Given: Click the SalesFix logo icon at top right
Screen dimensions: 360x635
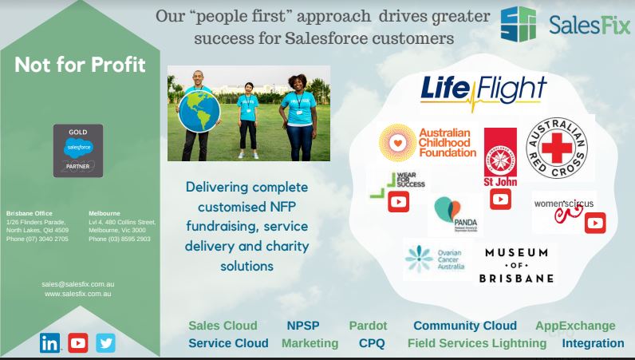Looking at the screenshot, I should (518, 23).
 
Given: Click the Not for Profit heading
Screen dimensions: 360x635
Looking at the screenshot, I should (80, 65).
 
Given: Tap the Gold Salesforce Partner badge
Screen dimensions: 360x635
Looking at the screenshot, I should (78, 151).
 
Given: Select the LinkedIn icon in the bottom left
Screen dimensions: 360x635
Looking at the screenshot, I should (49, 343).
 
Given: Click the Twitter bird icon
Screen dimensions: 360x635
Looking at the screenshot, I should (105, 343).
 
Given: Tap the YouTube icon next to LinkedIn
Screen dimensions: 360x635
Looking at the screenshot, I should (77, 343).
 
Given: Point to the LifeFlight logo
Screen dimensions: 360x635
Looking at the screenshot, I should (472, 93).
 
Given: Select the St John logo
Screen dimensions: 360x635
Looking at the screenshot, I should (500, 156).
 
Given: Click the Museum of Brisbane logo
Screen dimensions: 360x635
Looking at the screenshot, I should (516, 265).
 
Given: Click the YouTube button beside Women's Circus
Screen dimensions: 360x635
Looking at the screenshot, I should (595, 224).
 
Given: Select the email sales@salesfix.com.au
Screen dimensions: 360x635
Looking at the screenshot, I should (77, 283).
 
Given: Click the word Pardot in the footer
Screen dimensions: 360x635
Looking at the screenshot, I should (368, 326).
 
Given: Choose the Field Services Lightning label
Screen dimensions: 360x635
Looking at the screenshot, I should (477, 343).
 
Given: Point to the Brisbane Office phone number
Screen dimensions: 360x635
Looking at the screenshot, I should (37, 239).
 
